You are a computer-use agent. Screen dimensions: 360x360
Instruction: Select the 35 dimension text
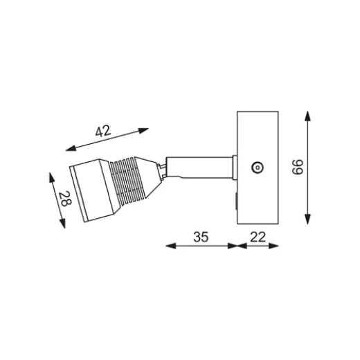200,236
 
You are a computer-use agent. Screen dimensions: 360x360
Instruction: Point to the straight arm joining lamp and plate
201,166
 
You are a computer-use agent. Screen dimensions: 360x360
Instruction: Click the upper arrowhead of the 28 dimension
53,174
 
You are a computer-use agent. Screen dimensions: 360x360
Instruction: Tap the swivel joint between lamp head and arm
161,168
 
